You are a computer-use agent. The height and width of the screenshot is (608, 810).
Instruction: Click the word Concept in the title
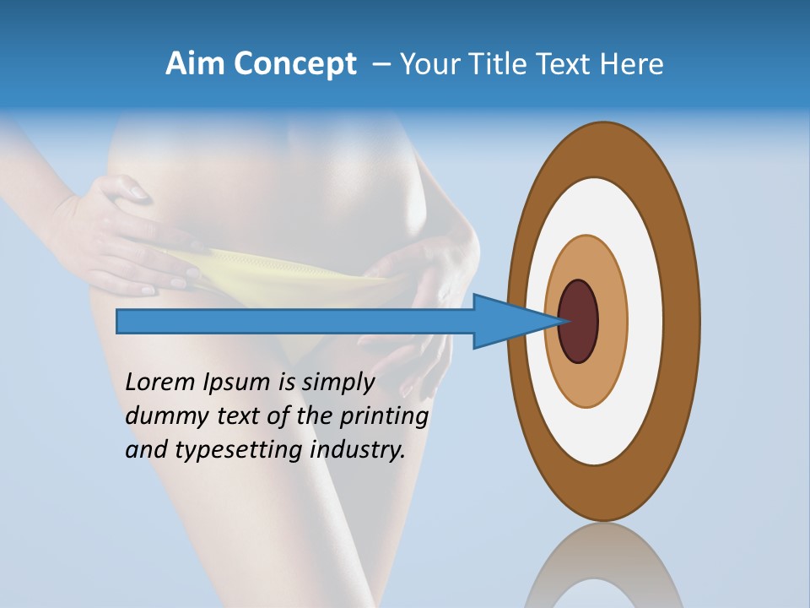[x=292, y=64]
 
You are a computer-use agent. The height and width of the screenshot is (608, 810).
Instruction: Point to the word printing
[x=384, y=416]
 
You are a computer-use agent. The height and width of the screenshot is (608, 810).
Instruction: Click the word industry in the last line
[x=358, y=450]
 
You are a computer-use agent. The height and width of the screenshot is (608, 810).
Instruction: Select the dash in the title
[x=381, y=64]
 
